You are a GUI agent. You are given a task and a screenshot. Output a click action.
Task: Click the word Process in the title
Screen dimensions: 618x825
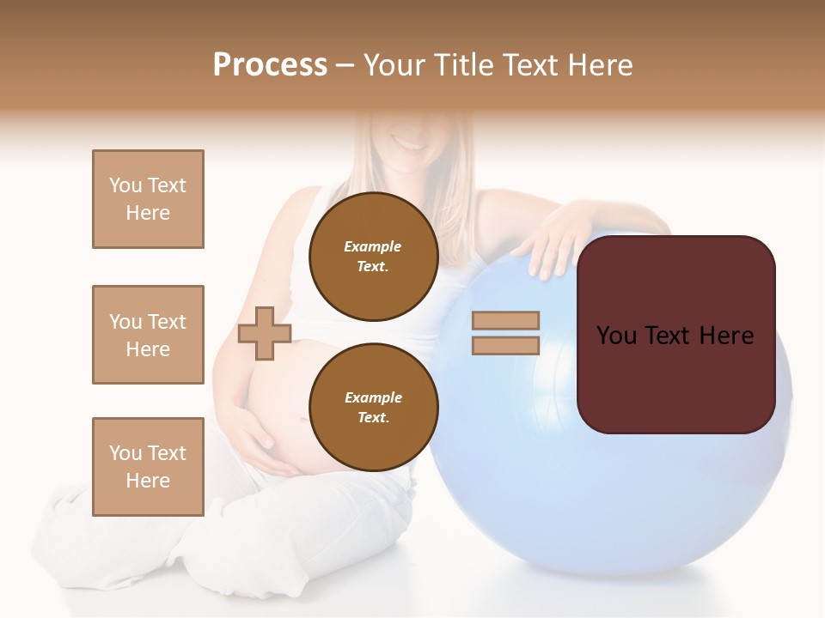pyautogui.click(x=270, y=65)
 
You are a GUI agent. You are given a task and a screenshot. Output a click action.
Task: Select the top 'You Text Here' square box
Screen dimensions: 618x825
pyautogui.click(x=148, y=199)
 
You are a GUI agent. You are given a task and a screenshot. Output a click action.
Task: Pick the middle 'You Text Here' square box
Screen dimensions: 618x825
pyautogui.click(x=148, y=335)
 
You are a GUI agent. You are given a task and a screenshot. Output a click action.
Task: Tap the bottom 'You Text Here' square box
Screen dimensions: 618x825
pyautogui.click(x=148, y=466)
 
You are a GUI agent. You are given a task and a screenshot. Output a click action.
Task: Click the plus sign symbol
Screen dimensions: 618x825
pyautogui.click(x=265, y=333)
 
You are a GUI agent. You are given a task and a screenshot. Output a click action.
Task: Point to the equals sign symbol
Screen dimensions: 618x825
pyautogui.click(x=505, y=333)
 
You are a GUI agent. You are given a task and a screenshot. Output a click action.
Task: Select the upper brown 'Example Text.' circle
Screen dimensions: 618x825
pyautogui.click(x=373, y=257)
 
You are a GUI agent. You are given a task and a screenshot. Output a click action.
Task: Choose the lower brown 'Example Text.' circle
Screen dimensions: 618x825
pyautogui.click(x=373, y=408)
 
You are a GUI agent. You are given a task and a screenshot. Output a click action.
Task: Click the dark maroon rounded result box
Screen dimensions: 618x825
pyautogui.click(x=675, y=334)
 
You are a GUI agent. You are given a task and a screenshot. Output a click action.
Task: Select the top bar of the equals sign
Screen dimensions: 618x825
pyautogui.click(x=505, y=320)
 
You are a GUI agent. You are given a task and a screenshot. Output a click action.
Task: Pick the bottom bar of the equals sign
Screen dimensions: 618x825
pyautogui.click(x=505, y=345)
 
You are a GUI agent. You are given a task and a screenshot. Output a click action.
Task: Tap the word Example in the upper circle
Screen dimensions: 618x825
pyautogui.click(x=372, y=246)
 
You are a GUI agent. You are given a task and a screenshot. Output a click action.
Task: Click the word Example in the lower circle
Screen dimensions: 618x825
pyautogui.click(x=372, y=397)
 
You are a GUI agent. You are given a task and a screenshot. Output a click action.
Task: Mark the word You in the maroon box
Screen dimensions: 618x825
pyautogui.click(x=616, y=336)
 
